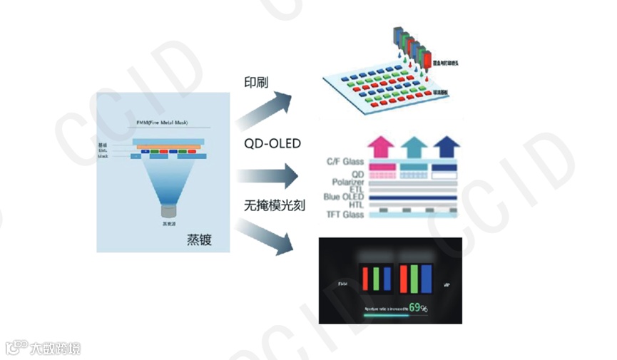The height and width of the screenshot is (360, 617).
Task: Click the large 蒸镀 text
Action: [x=200, y=240]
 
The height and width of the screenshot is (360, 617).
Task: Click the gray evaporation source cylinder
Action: [x=169, y=211]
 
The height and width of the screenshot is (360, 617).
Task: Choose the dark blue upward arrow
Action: [x=446, y=146]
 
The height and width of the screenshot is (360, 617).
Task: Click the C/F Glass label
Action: [x=344, y=163]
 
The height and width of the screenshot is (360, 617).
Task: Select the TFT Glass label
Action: [x=344, y=214]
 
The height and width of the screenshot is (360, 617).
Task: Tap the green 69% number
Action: [x=419, y=308]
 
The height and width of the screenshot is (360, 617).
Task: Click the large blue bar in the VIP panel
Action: [x=427, y=278]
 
